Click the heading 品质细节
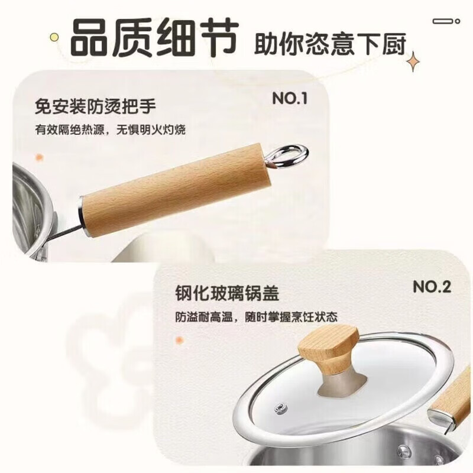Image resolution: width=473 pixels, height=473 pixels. point(155,37)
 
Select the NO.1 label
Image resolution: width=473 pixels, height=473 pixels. point(290,98)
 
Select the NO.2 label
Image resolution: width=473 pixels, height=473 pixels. point(432,287)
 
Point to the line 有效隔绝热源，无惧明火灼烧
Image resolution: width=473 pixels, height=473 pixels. point(110,129)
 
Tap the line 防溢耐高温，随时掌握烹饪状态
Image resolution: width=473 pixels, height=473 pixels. point(256,317)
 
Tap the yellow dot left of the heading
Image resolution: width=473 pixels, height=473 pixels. point(54,37)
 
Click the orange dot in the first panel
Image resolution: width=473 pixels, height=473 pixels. point(39,158)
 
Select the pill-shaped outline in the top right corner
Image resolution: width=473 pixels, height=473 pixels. point(446,21)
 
